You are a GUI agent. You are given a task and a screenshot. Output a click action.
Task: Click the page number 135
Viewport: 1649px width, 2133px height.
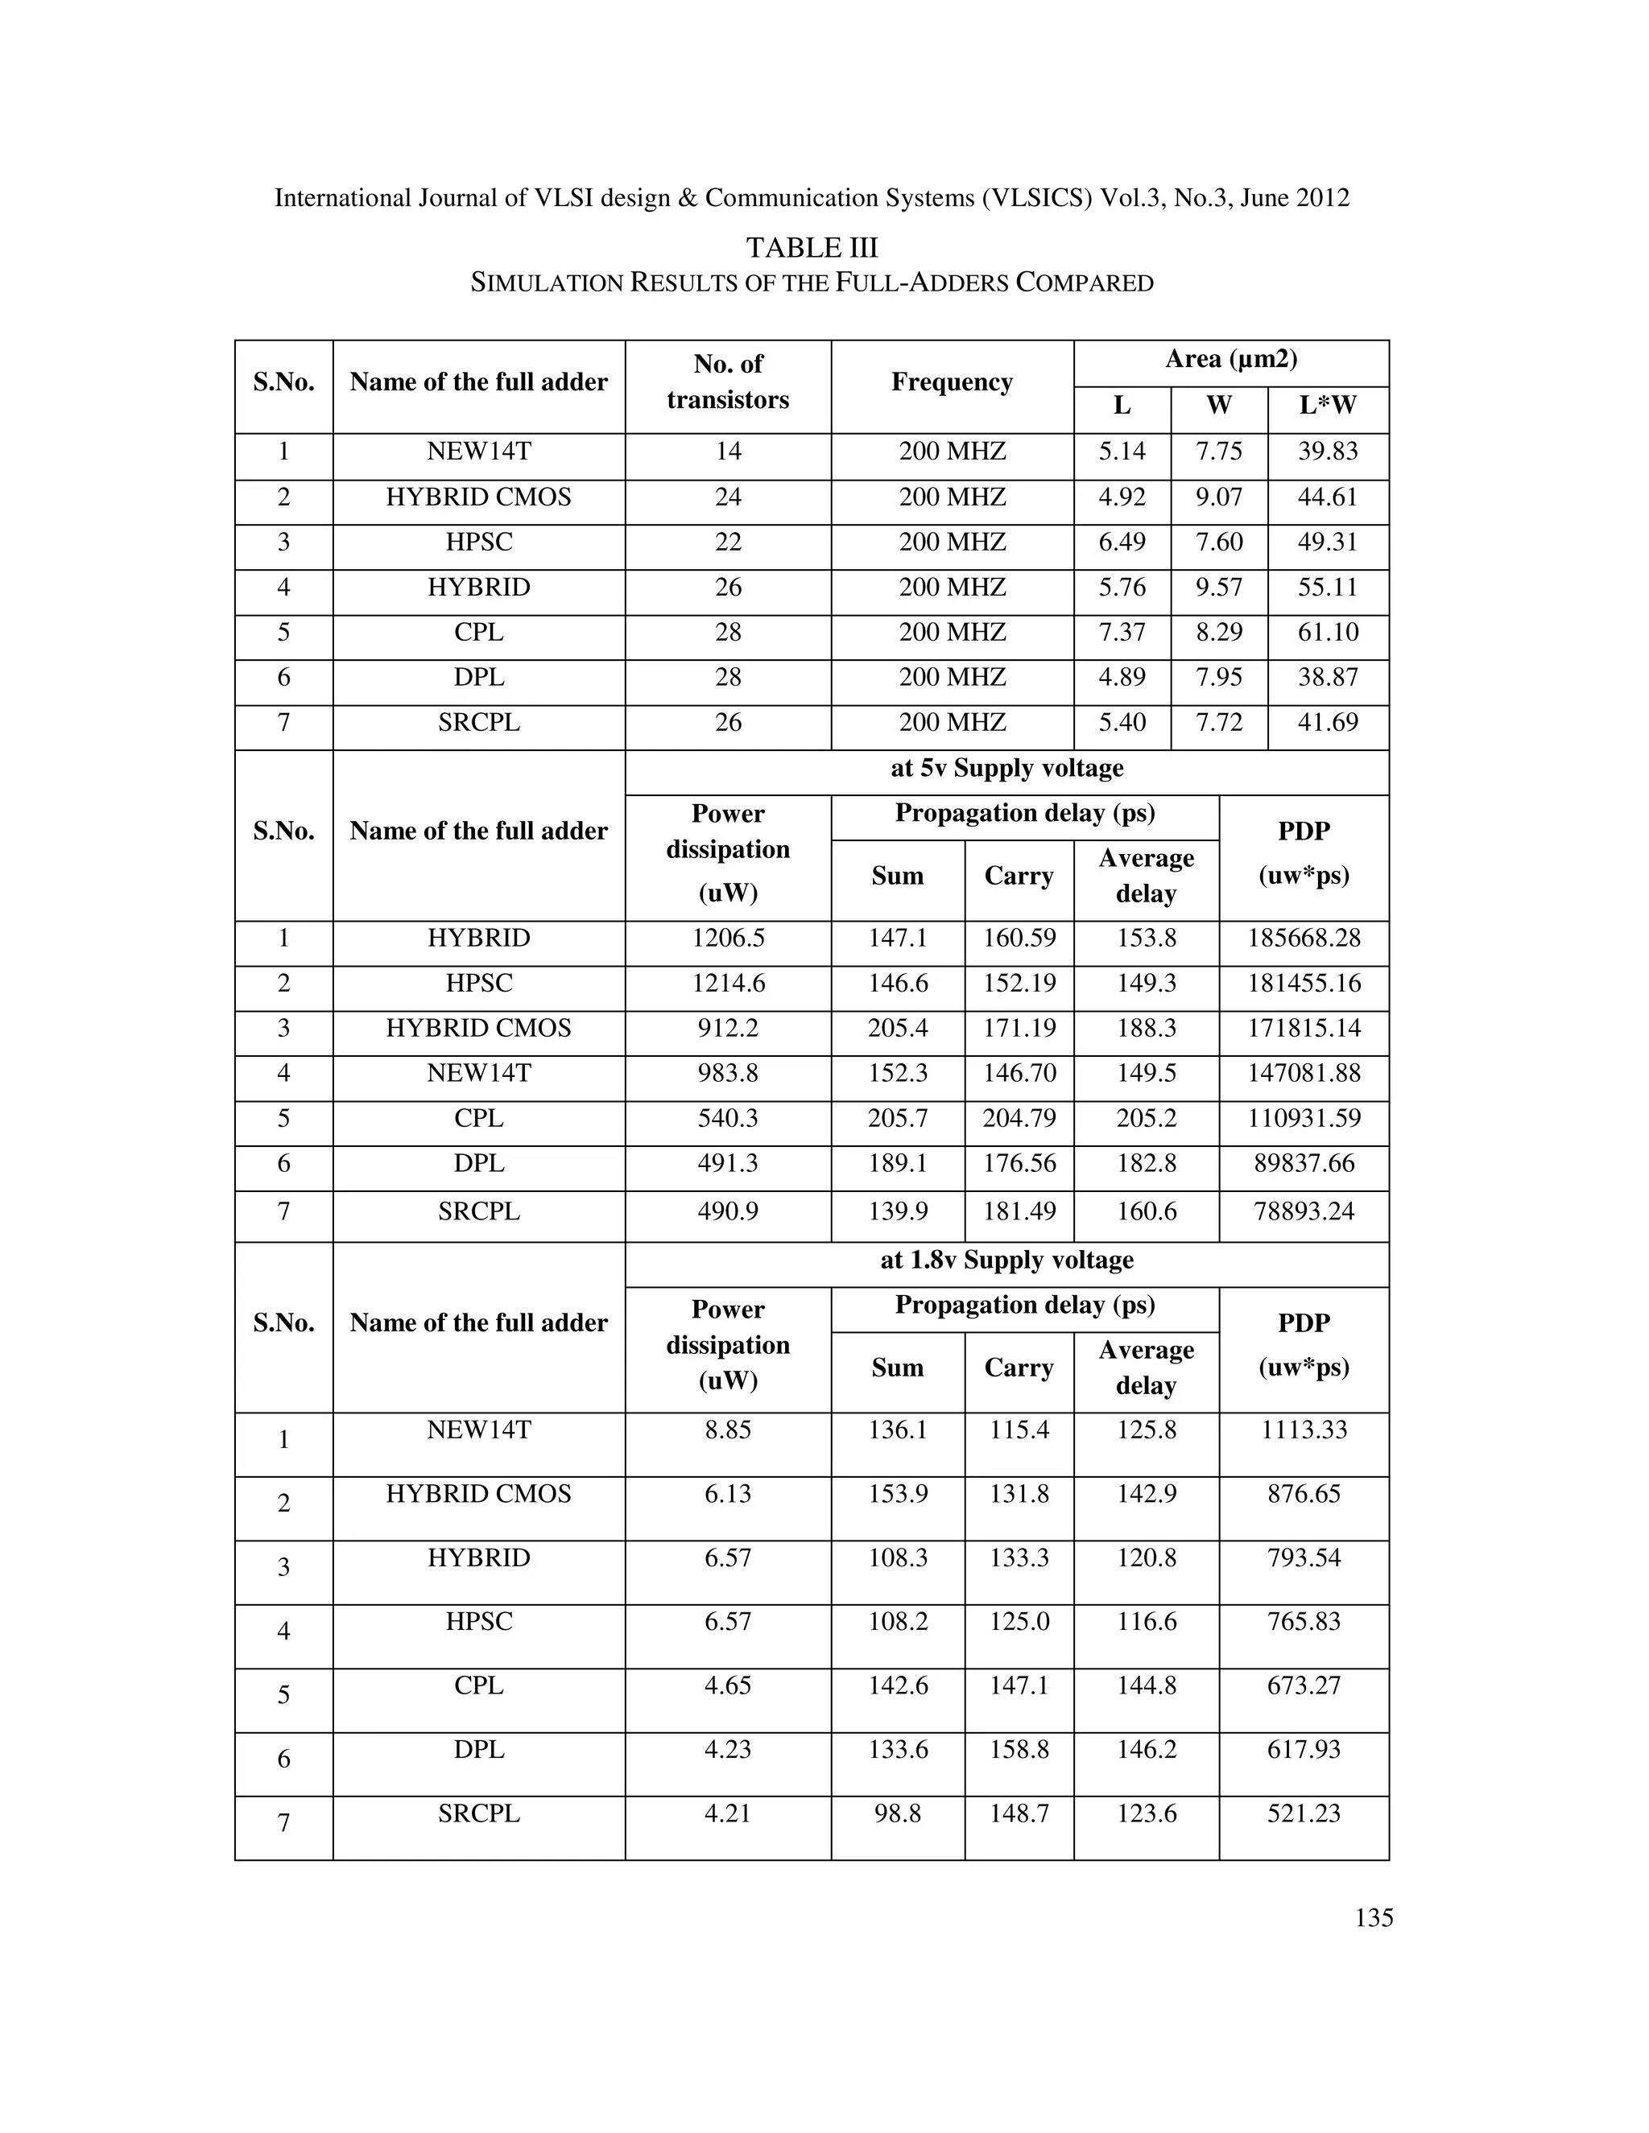point(1373,1917)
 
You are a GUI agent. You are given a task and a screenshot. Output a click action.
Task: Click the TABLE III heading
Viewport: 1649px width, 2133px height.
point(812,247)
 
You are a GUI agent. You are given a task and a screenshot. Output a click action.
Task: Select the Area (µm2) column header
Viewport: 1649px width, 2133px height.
point(1230,360)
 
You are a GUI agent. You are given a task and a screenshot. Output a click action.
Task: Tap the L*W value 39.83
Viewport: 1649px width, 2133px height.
point(1327,452)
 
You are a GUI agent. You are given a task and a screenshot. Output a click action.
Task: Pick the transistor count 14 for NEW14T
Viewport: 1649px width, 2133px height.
point(728,452)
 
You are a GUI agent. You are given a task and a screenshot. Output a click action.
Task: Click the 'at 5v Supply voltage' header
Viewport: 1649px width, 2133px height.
point(1006,768)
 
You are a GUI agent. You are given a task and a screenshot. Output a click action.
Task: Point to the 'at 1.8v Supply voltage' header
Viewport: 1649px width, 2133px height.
point(1006,1260)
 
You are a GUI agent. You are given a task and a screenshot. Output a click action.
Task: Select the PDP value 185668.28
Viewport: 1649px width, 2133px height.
point(1304,939)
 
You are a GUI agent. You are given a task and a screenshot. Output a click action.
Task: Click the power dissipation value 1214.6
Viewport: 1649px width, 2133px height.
point(728,984)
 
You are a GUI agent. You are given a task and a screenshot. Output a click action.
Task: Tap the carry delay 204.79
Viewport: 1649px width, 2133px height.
point(1019,1118)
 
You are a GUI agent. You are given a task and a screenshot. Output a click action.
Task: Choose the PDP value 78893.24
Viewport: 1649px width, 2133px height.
point(1304,1212)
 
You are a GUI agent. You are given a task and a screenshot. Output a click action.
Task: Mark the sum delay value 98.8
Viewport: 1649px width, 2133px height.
point(897,1813)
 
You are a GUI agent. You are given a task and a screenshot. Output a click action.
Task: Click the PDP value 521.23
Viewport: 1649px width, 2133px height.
point(1304,1813)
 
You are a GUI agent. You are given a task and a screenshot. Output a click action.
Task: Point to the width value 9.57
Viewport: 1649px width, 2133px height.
point(1218,587)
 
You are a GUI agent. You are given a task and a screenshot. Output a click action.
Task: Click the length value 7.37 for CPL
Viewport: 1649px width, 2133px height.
point(1122,632)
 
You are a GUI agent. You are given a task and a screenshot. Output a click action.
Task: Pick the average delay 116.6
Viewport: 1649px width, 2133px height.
point(1146,1621)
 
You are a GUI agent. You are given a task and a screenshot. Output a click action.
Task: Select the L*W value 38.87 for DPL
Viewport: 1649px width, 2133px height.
point(1327,677)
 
